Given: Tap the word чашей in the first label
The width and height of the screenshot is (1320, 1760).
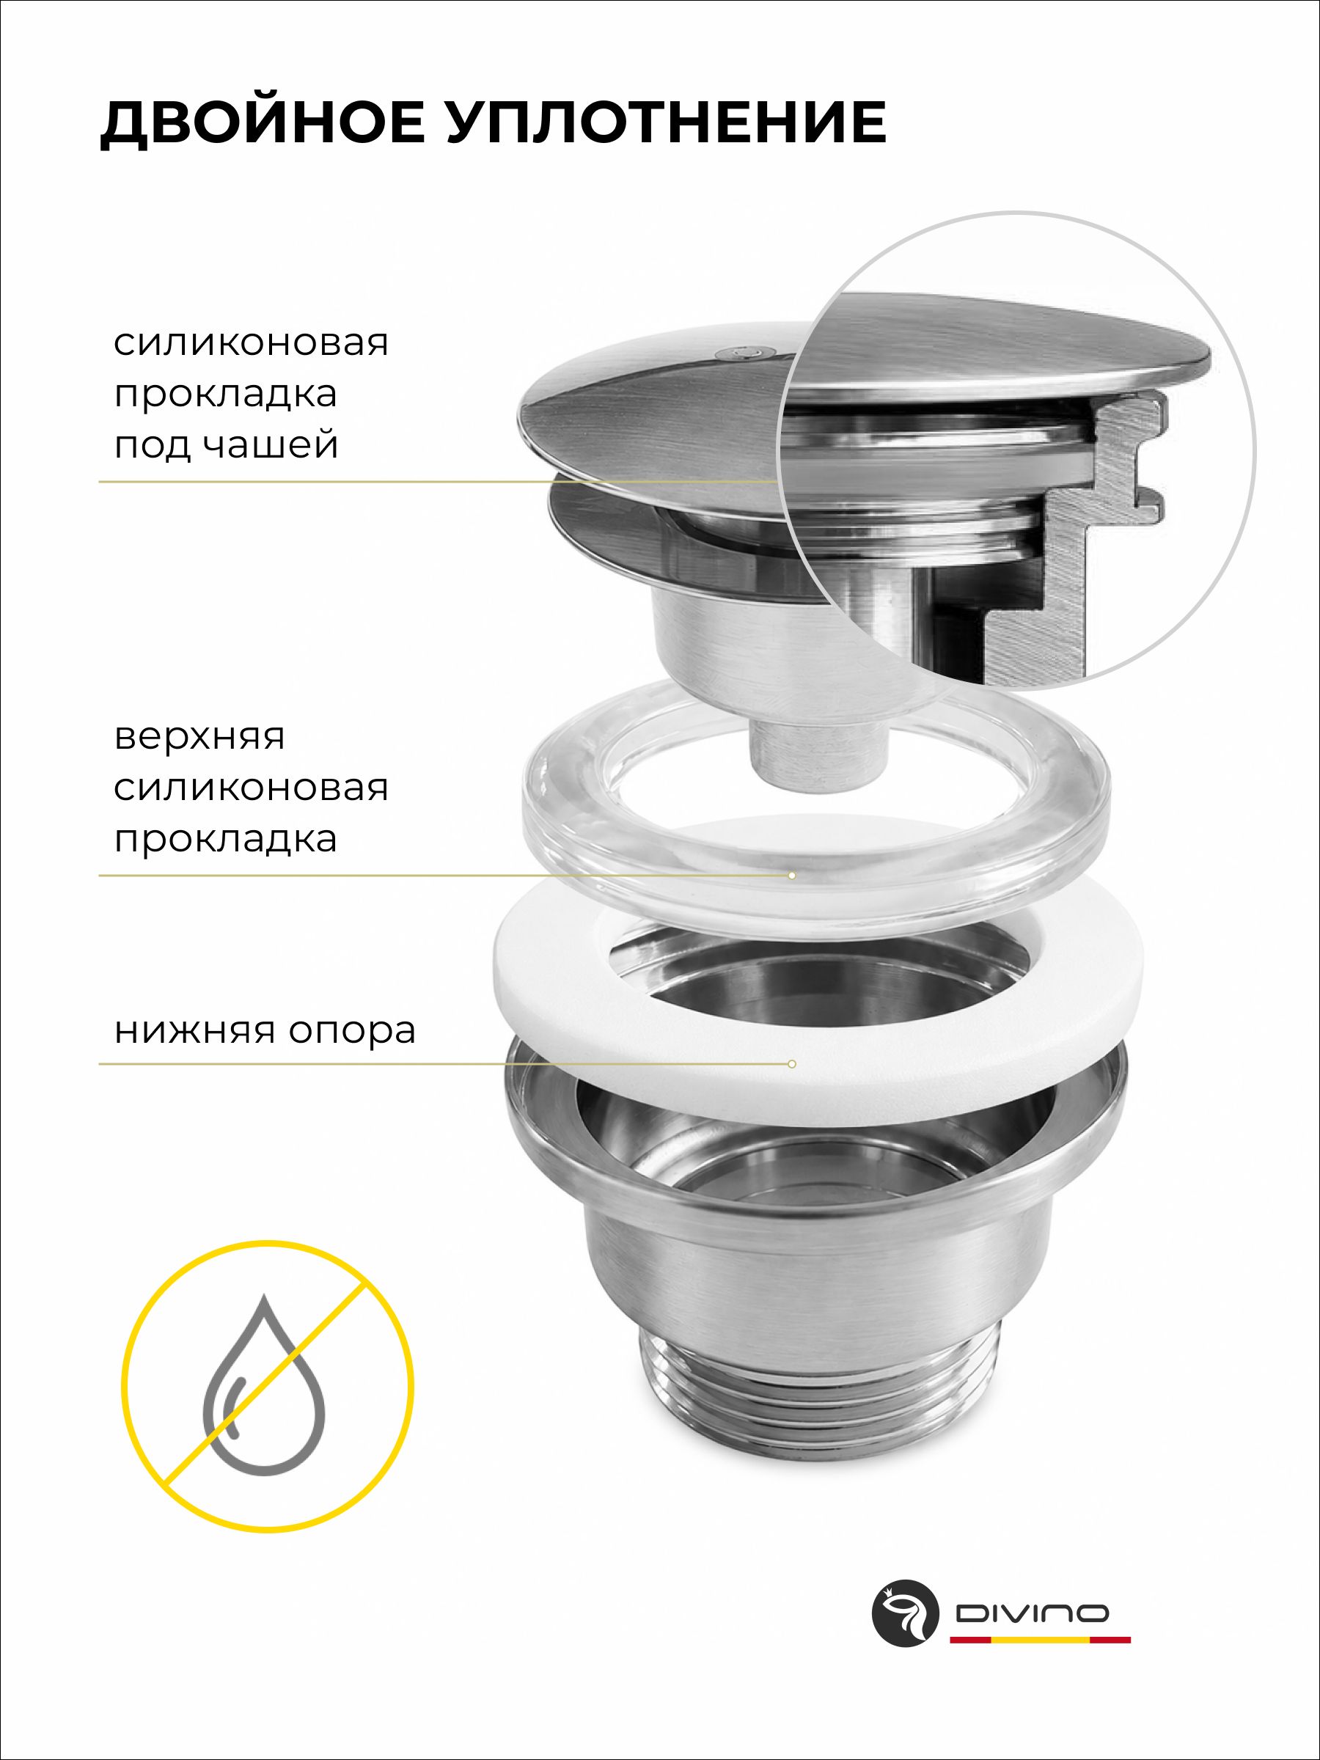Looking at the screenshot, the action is pos(271,445).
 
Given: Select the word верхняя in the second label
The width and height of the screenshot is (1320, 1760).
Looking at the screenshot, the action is pos(199,737).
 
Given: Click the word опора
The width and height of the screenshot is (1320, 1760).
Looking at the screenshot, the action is pos(352,1033).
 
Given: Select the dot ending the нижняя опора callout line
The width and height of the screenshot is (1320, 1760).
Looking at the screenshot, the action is pos(792,1064).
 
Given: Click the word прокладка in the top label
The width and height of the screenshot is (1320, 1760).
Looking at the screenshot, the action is pos(225,395).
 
